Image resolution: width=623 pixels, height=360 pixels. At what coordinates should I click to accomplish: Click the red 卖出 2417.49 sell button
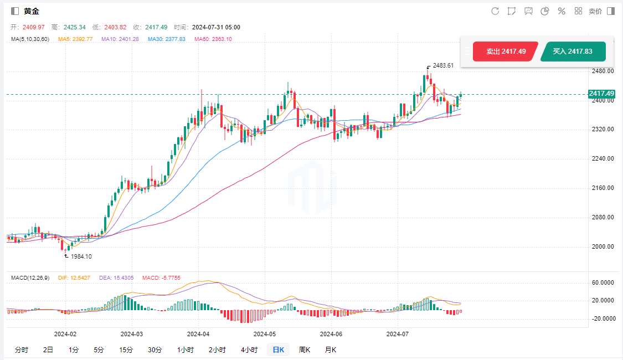click(506, 52)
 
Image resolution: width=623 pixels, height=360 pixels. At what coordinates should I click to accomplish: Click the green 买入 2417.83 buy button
click(573, 52)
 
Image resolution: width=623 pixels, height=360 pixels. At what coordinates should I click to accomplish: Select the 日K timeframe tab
click(277, 349)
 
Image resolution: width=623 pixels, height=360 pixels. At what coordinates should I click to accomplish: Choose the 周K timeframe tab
click(305, 349)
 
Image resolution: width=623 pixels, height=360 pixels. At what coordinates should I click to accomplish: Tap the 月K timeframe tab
click(331, 349)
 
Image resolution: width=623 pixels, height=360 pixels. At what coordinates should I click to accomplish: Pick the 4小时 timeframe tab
click(249, 349)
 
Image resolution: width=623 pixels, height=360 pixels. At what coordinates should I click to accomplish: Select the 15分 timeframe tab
click(126, 349)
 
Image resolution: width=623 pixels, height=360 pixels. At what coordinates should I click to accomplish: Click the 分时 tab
click(22, 349)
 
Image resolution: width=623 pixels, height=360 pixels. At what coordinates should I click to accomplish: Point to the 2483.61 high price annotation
click(443, 65)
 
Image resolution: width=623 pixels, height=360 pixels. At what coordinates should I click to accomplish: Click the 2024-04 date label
click(198, 334)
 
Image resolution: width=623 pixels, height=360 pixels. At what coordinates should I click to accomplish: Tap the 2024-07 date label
click(397, 334)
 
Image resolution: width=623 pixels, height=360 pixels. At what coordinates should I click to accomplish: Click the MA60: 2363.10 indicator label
click(213, 39)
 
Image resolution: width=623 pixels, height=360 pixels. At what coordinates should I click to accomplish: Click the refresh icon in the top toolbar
click(495, 11)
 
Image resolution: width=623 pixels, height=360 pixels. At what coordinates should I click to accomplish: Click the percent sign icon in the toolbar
click(562, 11)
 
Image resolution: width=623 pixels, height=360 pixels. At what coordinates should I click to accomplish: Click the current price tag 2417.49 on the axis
click(602, 94)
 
